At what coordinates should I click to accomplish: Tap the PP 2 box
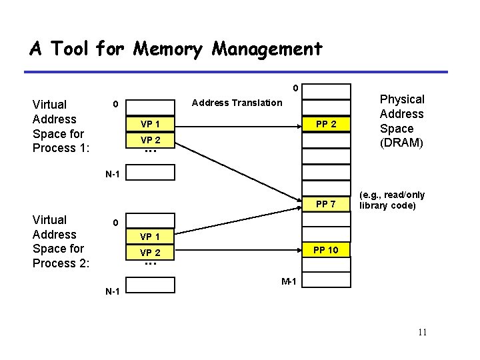[326, 125]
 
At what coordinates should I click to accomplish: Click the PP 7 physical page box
[326, 203]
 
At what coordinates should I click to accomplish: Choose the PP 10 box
[326, 250]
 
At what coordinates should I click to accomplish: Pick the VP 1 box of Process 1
[150, 125]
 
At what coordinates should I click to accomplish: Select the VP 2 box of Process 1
[150, 140]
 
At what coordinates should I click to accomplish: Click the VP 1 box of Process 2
[150, 237]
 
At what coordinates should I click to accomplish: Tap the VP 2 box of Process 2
[150, 253]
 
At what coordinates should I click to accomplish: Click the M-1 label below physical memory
[289, 282]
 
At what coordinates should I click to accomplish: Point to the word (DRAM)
[401, 143]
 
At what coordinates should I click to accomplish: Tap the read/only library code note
[393, 200]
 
